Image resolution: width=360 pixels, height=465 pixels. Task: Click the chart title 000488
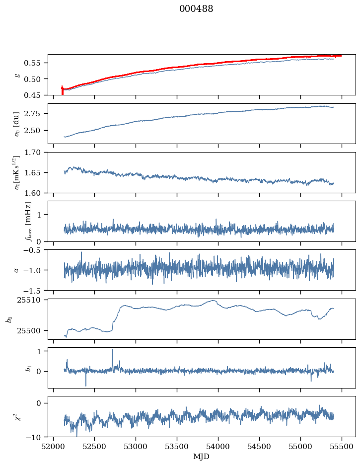point(196,9)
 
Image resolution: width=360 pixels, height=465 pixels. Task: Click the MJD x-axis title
point(202,457)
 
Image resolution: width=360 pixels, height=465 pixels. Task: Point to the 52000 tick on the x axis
point(54,446)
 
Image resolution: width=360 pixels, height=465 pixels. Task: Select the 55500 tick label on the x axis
point(341,446)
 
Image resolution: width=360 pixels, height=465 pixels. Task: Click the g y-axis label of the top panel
point(17,75)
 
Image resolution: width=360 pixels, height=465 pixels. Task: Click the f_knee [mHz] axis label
point(28,221)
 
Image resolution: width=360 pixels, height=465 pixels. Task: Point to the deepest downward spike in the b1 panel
point(86,386)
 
